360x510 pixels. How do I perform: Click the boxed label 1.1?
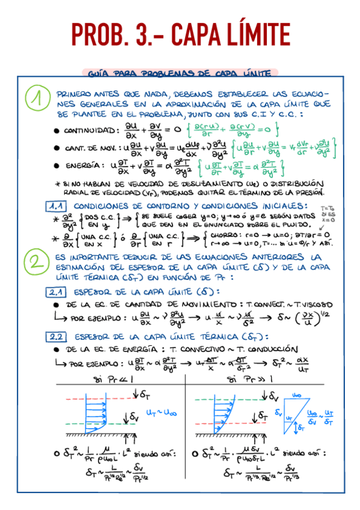(x=58, y=206)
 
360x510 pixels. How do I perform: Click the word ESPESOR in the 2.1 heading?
(x=93, y=292)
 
